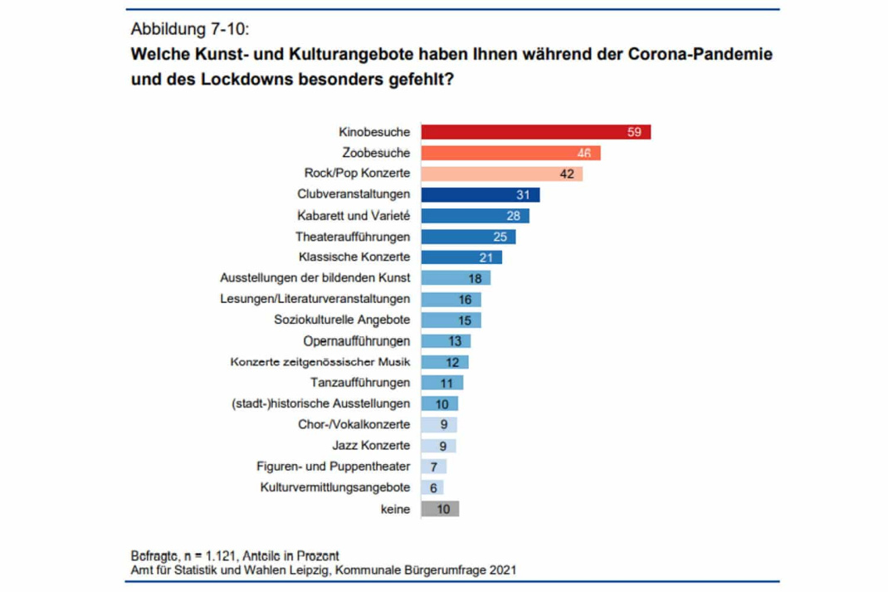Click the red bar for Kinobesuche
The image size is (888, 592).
[535, 132]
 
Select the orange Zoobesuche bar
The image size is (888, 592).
[510, 153]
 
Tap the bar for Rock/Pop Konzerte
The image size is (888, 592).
[501, 174]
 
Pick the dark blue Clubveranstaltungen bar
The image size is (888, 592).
[480, 194]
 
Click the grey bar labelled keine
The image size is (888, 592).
[440, 509]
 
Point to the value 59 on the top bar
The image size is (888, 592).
[634, 132]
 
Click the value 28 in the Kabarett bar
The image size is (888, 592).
[513, 216]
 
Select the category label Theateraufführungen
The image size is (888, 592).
[353, 237]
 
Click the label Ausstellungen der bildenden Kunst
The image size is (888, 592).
[315, 278]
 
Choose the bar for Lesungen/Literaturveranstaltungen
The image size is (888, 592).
[451, 300]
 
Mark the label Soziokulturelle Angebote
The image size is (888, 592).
[342, 320]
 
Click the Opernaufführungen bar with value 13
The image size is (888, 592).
[446, 341]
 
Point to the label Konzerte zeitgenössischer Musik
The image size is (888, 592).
[320, 362]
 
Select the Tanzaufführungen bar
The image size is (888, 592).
[442, 383]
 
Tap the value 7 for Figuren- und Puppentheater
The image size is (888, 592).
[434, 467]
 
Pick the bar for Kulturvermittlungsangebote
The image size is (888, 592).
[432, 488]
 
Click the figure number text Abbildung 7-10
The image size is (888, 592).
[189, 28]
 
